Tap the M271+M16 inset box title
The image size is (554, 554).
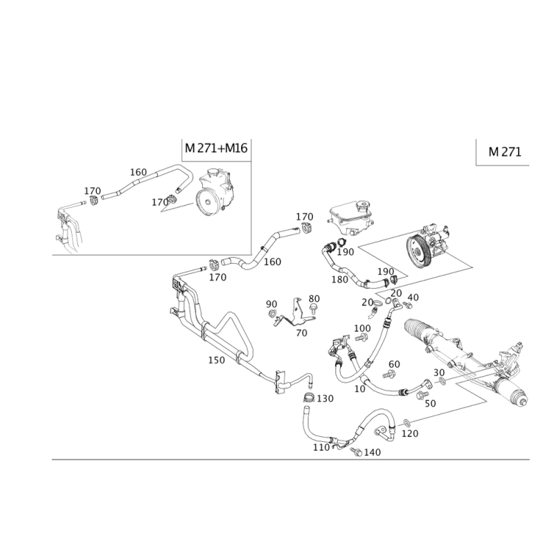[x=216, y=148]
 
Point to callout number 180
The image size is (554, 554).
[x=339, y=280]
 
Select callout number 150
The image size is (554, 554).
[x=217, y=360]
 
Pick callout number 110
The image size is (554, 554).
[x=320, y=449]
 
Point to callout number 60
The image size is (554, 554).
[x=395, y=363]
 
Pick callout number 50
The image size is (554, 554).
[x=430, y=402]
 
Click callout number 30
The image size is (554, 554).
[x=439, y=373]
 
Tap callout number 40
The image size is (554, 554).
[x=413, y=297]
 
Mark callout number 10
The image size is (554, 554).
[x=359, y=389]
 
